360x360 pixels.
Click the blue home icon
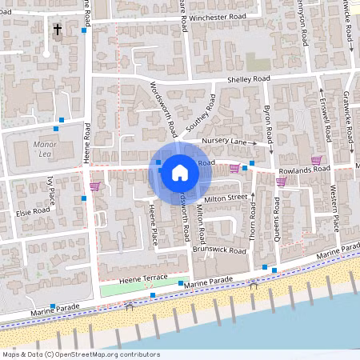point(180,171)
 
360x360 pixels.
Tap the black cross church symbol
point(57,30)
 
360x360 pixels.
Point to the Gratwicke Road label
point(346,120)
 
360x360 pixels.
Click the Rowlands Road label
point(304,170)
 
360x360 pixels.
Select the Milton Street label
point(226,198)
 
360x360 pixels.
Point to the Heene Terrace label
point(142,276)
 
